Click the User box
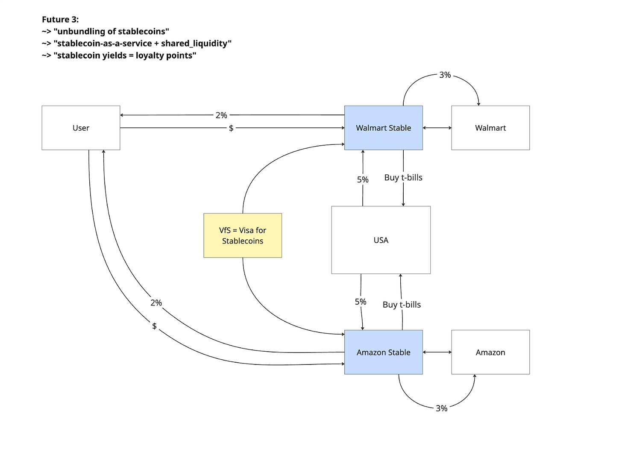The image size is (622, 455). (x=81, y=128)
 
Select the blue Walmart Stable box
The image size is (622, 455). (x=383, y=128)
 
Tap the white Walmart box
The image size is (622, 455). (x=490, y=128)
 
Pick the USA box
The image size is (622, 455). (x=381, y=240)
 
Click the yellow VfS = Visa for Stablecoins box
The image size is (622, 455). (x=243, y=235)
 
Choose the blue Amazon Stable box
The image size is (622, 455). (x=383, y=352)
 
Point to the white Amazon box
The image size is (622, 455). (x=490, y=352)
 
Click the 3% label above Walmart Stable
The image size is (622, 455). (x=445, y=75)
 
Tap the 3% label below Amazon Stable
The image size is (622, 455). (x=441, y=408)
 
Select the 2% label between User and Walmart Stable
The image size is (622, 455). (x=221, y=115)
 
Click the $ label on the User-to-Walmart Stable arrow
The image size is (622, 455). (x=231, y=128)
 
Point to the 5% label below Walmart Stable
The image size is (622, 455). (x=363, y=180)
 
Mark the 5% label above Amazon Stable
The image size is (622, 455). (x=361, y=302)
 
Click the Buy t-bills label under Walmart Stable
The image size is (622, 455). (x=403, y=178)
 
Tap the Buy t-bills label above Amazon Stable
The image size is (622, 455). (x=402, y=305)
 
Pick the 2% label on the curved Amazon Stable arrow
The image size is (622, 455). (x=156, y=303)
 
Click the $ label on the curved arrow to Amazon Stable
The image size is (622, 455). (x=154, y=326)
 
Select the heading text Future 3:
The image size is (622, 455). (x=60, y=20)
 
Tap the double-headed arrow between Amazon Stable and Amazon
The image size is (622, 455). (x=437, y=352)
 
